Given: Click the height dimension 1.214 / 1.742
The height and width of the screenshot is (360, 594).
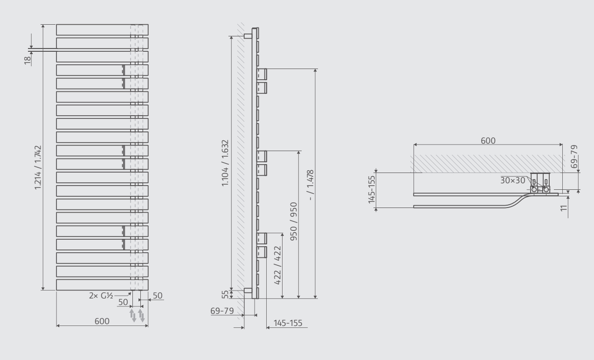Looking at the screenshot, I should pos(38,168).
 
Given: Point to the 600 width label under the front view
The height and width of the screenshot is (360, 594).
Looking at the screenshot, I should pos(102,321).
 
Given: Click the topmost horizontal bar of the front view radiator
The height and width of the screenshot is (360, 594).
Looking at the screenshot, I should pos(102,30).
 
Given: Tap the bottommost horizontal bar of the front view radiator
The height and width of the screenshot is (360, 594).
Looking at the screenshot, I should pos(102,284).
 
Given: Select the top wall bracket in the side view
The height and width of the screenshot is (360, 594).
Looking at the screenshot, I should pos(248,36).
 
